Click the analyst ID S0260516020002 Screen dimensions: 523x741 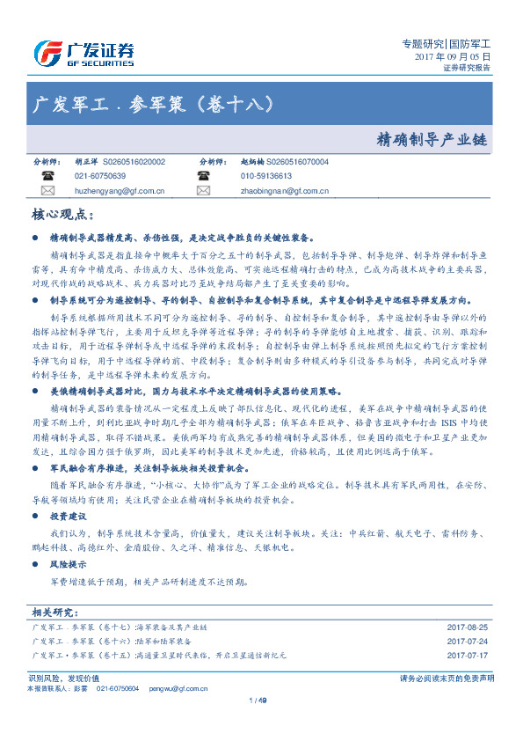tap(134, 163)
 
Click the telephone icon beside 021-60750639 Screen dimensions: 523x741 tap(47, 176)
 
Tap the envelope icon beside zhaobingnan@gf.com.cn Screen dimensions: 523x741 tap(203, 189)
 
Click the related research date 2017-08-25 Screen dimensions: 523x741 tap(468, 627)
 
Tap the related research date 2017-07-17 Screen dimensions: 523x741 tap(468, 656)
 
